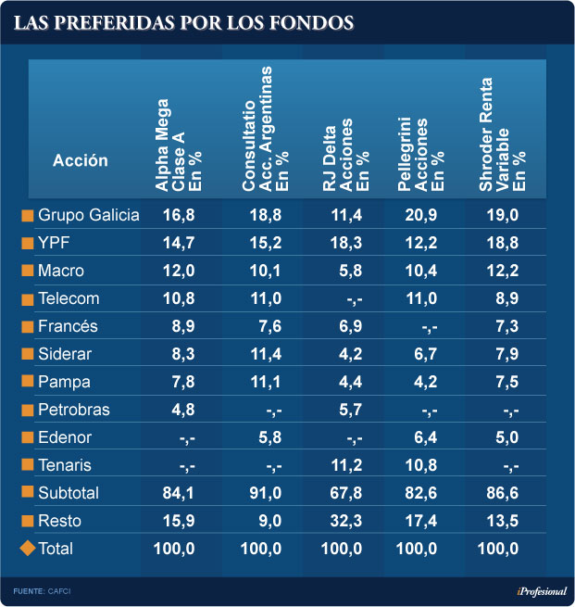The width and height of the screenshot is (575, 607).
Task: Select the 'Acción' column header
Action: pyautogui.click(x=81, y=160)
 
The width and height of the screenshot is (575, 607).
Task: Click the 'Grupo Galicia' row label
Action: pyautogui.click(x=88, y=215)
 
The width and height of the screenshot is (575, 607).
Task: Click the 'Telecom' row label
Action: pyautogui.click(x=69, y=298)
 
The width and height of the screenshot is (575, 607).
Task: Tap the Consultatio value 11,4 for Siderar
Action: pyautogui.click(x=261, y=354)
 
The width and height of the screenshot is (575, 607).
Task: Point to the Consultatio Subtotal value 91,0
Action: pyautogui.click(x=261, y=493)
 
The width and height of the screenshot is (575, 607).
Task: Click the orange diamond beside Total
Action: pyautogui.click(x=27, y=549)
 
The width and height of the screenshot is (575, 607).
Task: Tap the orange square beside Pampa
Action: pyautogui.click(x=27, y=382)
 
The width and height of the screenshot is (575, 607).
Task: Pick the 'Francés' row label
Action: pyautogui.click(x=68, y=326)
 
